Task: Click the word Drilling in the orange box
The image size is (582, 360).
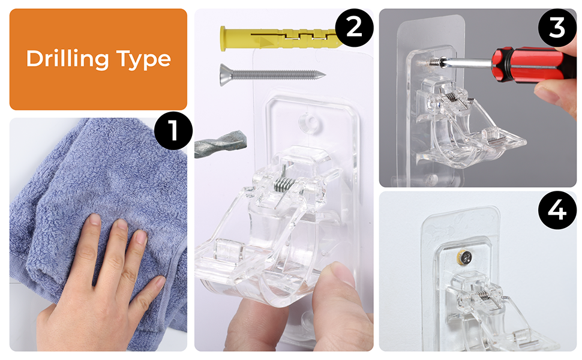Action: (68, 59)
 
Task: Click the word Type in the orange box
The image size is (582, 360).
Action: (143, 60)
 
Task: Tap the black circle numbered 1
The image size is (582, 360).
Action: (173, 130)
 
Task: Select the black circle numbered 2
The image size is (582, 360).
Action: (354, 28)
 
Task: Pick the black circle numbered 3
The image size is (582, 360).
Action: (557, 28)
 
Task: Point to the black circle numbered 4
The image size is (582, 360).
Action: (557, 210)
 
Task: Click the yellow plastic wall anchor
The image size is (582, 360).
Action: (281, 38)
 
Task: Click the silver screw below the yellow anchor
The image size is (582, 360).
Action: (272, 74)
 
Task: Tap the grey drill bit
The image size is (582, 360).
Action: (220, 144)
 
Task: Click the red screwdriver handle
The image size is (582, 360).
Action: (534, 65)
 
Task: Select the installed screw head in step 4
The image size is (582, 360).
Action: (465, 256)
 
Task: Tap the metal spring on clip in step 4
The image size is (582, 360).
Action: (482, 295)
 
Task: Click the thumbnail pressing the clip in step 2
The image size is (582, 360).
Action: (340, 273)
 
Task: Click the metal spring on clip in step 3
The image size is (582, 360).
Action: (451, 96)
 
